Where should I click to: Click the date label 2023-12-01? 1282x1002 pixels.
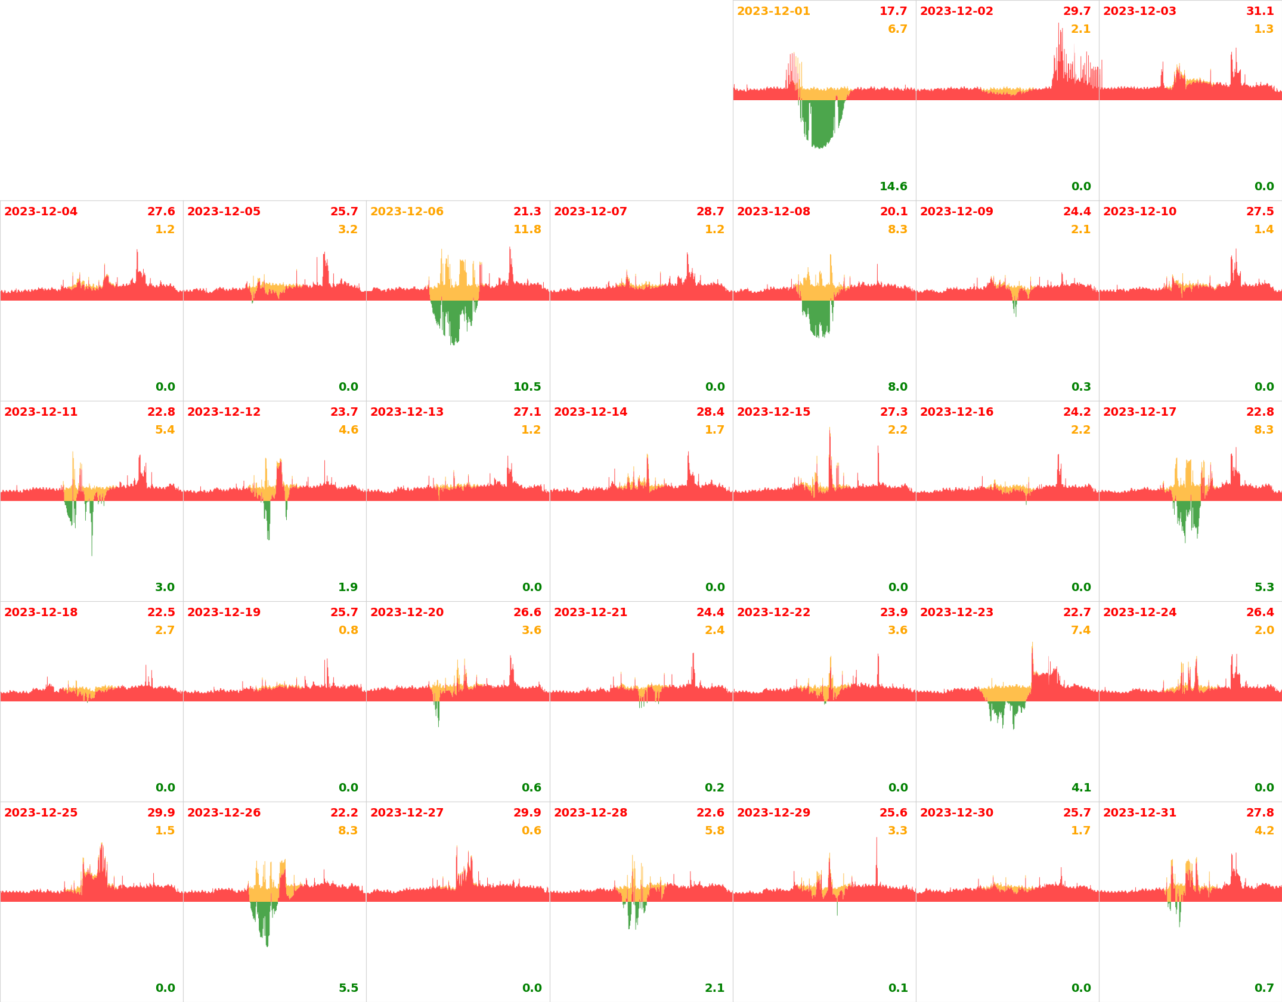pyautogui.click(x=773, y=11)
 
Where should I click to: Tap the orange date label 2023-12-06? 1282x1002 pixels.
pyautogui.click(x=407, y=212)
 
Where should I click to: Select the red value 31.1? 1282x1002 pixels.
pyautogui.click(x=1260, y=11)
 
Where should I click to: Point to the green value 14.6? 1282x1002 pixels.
pyautogui.click(x=893, y=187)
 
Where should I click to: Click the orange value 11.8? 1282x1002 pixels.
pyautogui.click(x=527, y=230)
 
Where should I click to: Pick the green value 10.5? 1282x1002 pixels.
pyautogui.click(x=527, y=387)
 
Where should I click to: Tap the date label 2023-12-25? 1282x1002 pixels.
pyautogui.click(x=41, y=813)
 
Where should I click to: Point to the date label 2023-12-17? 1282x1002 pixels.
pyautogui.click(x=1139, y=412)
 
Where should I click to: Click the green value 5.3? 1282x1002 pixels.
pyautogui.click(x=1264, y=587)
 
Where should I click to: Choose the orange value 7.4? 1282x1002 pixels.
pyautogui.click(x=1080, y=630)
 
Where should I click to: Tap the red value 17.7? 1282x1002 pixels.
pyautogui.click(x=893, y=11)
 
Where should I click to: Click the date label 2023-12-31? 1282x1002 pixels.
pyautogui.click(x=1139, y=813)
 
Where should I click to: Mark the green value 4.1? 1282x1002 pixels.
pyautogui.click(x=1081, y=788)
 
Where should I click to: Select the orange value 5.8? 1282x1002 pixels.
pyautogui.click(x=714, y=831)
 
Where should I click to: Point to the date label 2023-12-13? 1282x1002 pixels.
pyautogui.click(x=407, y=412)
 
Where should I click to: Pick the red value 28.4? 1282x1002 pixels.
pyautogui.click(x=710, y=412)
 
